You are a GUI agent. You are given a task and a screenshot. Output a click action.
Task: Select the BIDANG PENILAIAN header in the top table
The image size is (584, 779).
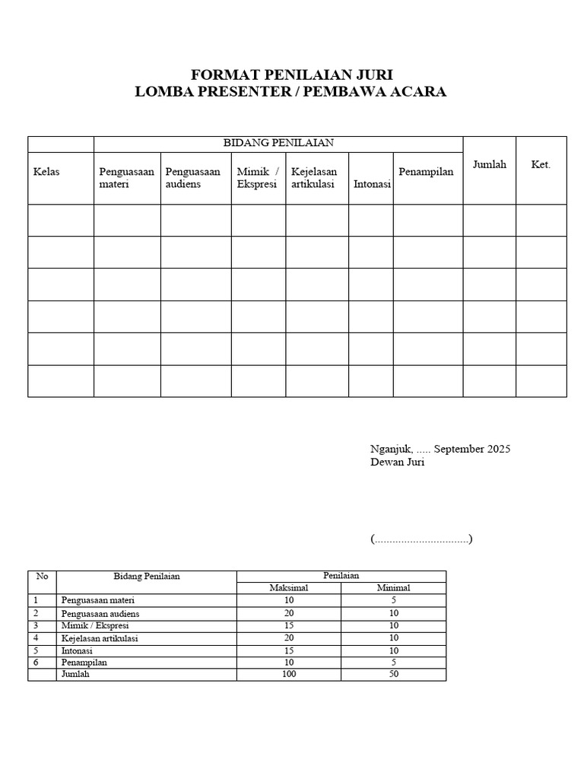point(278,142)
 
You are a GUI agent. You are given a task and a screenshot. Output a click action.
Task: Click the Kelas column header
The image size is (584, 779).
point(46,172)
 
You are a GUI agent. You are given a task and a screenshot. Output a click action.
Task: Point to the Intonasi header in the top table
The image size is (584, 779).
point(372,185)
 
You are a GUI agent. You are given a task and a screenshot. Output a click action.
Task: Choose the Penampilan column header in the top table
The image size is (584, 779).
point(426,172)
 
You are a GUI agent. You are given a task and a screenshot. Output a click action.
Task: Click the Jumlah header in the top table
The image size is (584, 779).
point(489,165)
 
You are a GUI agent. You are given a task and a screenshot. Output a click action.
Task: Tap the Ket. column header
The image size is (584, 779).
point(541,165)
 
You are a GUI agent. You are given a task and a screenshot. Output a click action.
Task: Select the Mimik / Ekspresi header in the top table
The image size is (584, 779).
point(258,178)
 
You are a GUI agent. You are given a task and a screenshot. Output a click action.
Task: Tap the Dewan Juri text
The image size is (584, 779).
point(398,463)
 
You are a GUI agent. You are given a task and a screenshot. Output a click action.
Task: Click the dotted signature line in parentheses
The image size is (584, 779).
point(422,539)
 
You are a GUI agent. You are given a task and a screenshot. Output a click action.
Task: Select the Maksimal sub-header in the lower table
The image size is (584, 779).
point(288,588)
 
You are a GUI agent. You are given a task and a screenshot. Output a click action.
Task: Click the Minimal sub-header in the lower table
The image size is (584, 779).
point(393,588)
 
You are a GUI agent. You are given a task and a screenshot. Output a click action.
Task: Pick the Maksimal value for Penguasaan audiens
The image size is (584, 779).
point(288,613)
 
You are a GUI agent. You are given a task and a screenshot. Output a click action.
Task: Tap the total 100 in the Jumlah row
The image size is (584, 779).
point(288,675)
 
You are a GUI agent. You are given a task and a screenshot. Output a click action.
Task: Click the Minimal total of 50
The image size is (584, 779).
point(393,675)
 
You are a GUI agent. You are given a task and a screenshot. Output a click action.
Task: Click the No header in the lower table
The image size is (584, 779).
point(42,577)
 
